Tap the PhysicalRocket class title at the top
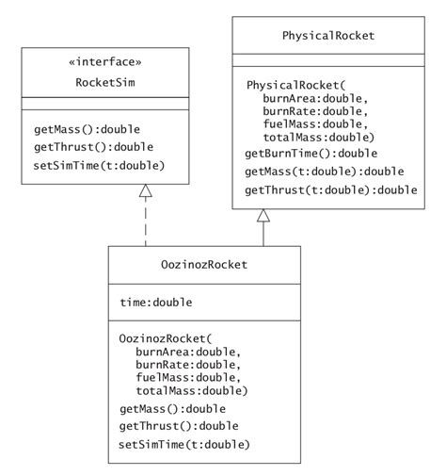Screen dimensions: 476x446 click(x=328, y=36)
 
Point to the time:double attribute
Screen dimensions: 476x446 click(x=156, y=303)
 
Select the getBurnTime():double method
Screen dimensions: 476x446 click(x=311, y=153)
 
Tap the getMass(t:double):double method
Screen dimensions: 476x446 click(x=324, y=172)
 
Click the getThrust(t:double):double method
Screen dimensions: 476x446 click(x=330, y=190)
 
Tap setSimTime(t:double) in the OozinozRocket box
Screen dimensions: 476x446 click(x=184, y=444)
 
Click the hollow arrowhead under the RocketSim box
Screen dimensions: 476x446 click(x=145, y=191)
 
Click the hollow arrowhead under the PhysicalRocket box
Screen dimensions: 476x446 click(x=263, y=216)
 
